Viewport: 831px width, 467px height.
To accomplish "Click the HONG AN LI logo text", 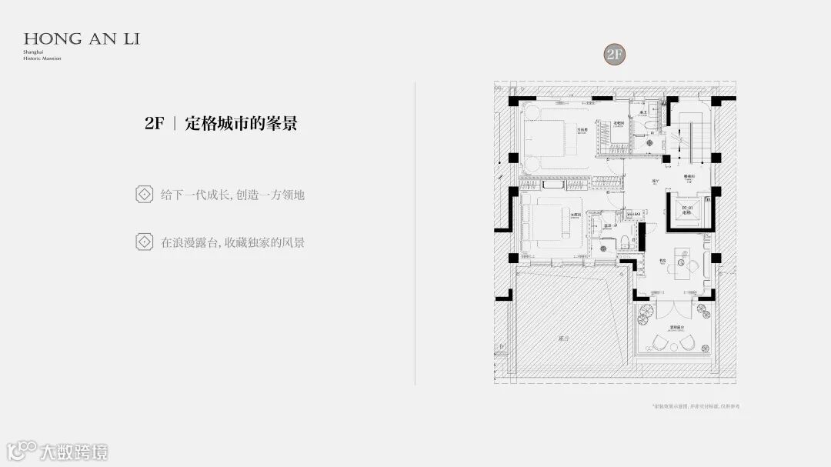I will (81, 38).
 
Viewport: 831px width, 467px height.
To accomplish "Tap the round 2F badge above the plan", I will (613, 54).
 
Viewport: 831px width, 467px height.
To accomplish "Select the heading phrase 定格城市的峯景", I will (241, 123).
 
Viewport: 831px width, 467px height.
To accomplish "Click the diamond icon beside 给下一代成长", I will (143, 194).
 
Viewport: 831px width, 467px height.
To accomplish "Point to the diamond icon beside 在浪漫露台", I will (143, 242).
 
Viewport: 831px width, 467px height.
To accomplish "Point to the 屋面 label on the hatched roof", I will (564, 338).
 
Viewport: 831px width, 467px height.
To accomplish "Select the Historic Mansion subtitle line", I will (42, 58).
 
